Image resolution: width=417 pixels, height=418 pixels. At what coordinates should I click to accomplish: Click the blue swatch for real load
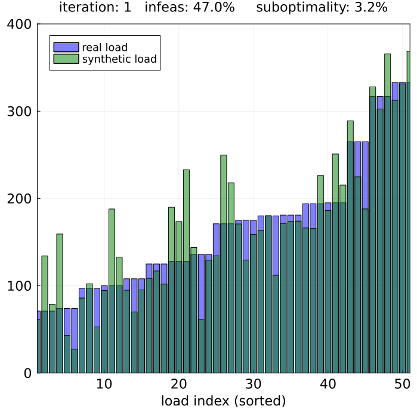pyautogui.click(x=66, y=47)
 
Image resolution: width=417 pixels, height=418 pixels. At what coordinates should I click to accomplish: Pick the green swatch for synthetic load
pyautogui.click(x=66, y=59)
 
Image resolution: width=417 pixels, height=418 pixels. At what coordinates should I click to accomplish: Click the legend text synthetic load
pyautogui.click(x=119, y=59)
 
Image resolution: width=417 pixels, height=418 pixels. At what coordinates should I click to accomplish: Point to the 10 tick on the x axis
pyautogui.click(x=104, y=383)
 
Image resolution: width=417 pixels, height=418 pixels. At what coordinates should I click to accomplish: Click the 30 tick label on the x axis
pyautogui.click(x=254, y=383)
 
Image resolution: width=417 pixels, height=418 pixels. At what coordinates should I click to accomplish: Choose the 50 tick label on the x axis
pyautogui.click(x=403, y=383)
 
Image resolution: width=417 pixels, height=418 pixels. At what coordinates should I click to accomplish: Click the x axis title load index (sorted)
pyautogui.click(x=224, y=401)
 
